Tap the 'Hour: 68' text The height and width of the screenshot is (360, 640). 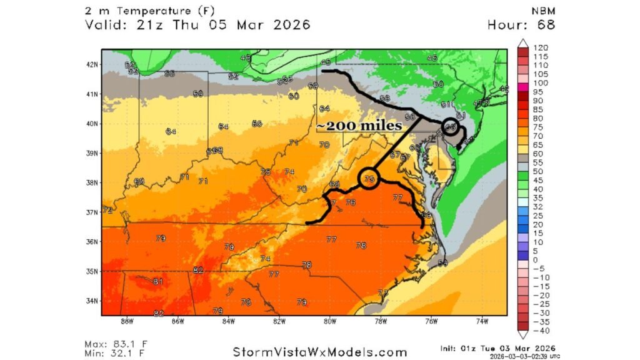point(521,25)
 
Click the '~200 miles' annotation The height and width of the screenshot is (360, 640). point(358,126)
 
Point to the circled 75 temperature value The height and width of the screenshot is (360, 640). point(369,179)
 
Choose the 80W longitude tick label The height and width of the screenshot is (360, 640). point(330,322)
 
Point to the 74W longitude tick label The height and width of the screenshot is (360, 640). point(482,322)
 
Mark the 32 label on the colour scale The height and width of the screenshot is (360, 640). point(537,207)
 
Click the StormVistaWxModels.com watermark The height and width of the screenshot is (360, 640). point(321,352)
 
